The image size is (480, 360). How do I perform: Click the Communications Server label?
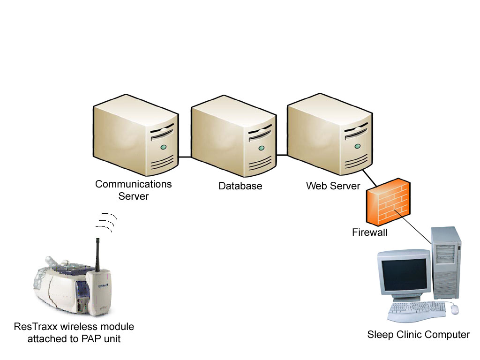pyautogui.click(x=133, y=190)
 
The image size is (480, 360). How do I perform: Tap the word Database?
pyautogui.click(x=240, y=186)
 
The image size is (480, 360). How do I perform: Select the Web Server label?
pyautogui.click(x=333, y=186)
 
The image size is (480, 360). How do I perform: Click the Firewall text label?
pyautogui.click(x=370, y=232)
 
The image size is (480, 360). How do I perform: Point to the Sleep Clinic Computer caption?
pyautogui.click(x=418, y=335)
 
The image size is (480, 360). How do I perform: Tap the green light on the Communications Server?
pyautogui.click(x=163, y=147)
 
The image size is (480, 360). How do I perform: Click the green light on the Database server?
pyautogui.click(x=260, y=148)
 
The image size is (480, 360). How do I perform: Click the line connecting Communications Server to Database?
pyautogui.click(x=185, y=157)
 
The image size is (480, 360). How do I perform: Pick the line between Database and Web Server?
pyautogui.click(x=281, y=155)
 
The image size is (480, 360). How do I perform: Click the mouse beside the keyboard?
pyautogui.click(x=454, y=309)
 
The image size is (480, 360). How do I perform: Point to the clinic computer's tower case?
pyautogui.click(x=446, y=262)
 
